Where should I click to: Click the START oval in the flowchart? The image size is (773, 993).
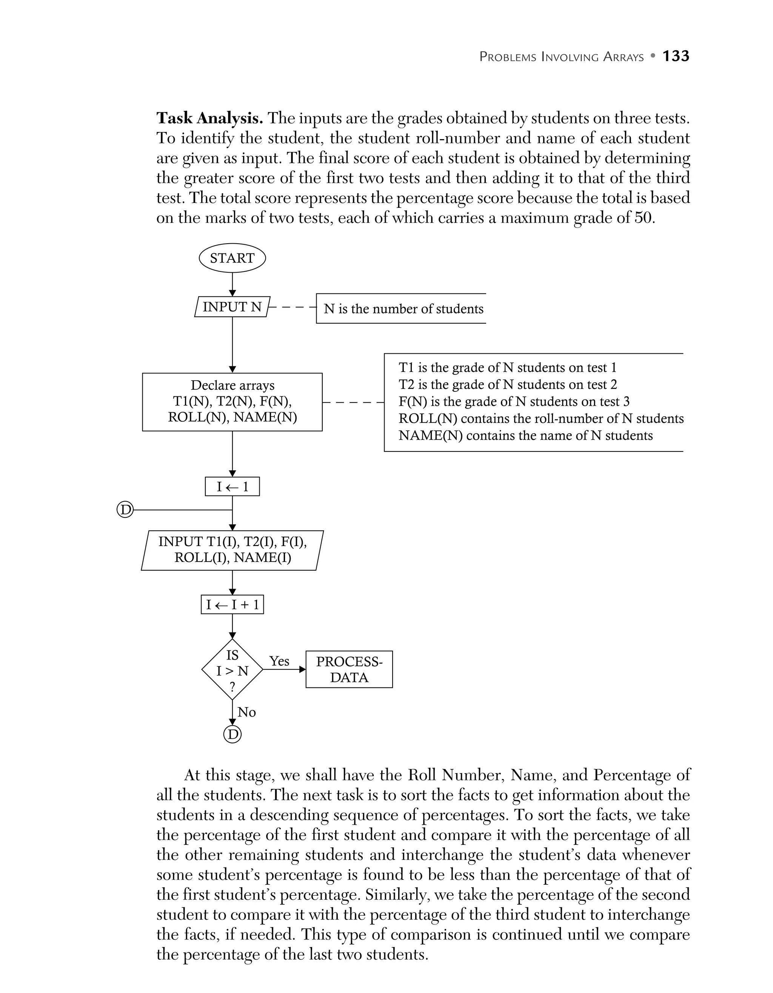[x=232, y=258]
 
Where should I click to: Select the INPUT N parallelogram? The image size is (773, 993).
[x=232, y=307]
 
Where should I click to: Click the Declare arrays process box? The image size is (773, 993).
[x=232, y=402]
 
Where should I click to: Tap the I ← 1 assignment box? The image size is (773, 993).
[x=232, y=487]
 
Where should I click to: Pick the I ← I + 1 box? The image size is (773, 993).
[x=232, y=605]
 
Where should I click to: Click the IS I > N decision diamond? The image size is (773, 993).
[x=232, y=670]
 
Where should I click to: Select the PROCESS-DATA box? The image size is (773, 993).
[x=349, y=670]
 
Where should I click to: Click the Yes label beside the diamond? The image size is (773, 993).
[x=279, y=661]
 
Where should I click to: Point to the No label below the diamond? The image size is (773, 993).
[x=246, y=712]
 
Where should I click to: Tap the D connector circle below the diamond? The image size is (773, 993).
[x=232, y=734]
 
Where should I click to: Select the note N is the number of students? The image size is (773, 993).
[x=403, y=309]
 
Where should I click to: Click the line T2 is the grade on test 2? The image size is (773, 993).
[x=507, y=385]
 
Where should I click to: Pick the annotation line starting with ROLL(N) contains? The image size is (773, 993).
[x=540, y=418]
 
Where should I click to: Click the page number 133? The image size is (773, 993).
[x=676, y=56]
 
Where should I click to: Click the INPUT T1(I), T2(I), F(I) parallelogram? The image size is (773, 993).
[x=232, y=550]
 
